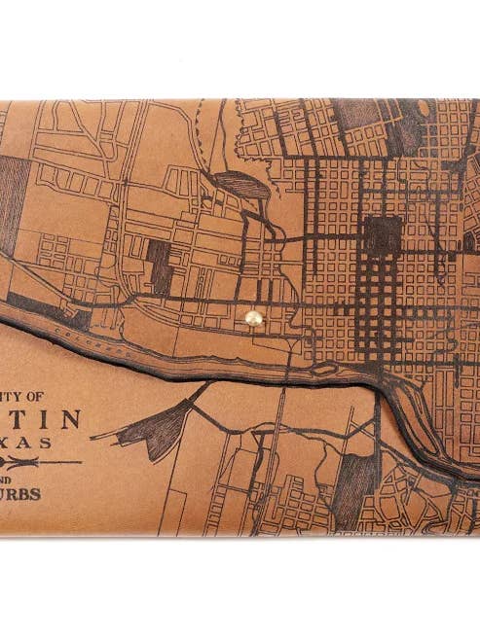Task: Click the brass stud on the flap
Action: point(253,317)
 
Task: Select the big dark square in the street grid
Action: point(383,234)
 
